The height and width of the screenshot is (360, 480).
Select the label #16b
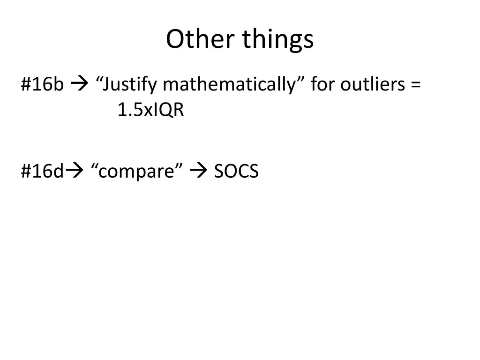tap(42, 85)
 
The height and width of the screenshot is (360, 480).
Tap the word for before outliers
tap(323, 85)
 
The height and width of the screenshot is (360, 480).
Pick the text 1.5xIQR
tap(150, 111)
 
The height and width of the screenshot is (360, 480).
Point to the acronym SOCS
tap(236, 172)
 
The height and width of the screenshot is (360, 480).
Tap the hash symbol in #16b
tap(26, 85)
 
